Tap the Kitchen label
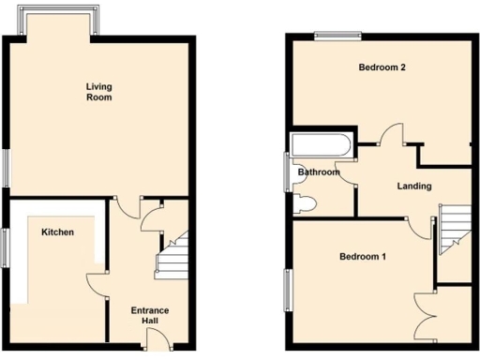pyautogui.click(x=57, y=232)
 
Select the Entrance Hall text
pyautogui.click(x=149, y=315)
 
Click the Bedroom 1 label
pyautogui.click(x=362, y=257)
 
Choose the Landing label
pyautogui.click(x=413, y=186)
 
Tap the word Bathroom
pyautogui.click(x=318, y=172)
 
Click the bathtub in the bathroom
pyautogui.click(x=321, y=145)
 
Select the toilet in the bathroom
pyautogui.click(x=306, y=205)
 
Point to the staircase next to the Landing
pyautogui.click(x=454, y=230)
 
